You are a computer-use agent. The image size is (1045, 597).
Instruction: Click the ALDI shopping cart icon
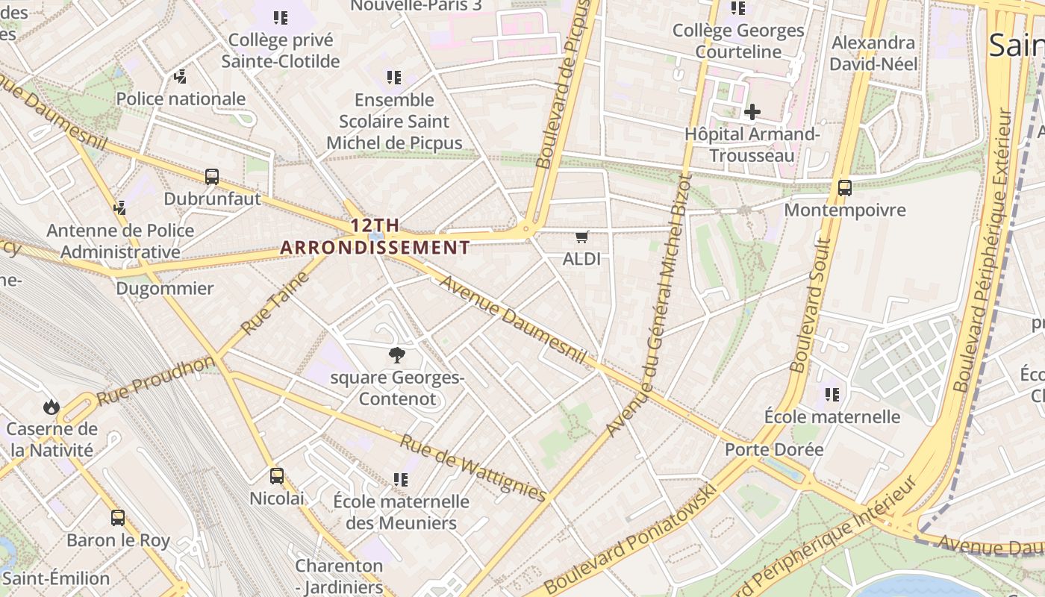[x=582, y=237]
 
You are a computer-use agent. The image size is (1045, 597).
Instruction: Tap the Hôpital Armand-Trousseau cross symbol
[x=752, y=113]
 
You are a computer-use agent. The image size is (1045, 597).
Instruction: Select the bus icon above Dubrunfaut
[x=212, y=177]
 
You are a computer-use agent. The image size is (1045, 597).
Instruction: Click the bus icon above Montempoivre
[x=845, y=188]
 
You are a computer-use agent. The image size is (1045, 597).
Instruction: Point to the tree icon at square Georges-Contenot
[x=397, y=355]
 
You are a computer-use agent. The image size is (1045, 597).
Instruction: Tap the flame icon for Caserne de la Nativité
[x=51, y=407]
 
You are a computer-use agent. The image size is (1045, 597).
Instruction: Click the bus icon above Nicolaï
[x=277, y=475]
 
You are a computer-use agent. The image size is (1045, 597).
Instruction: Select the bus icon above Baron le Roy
[x=118, y=517]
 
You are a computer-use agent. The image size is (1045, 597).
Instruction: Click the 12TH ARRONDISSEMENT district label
[x=375, y=237]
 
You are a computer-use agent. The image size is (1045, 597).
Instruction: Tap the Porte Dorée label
[x=774, y=449]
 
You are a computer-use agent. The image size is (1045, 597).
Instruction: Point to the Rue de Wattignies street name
[x=473, y=466]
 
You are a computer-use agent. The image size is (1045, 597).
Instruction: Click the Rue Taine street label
[x=275, y=303]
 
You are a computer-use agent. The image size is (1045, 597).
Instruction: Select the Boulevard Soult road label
[x=811, y=306]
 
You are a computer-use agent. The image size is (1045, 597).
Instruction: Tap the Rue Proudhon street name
[x=155, y=381]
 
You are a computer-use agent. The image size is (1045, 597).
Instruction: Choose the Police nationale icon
[x=180, y=76]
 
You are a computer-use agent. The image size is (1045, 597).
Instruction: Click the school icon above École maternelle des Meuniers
[x=401, y=479]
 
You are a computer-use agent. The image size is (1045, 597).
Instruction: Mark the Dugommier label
[x=165, y=288]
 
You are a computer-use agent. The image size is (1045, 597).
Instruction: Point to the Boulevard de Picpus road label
[x=564, y=84]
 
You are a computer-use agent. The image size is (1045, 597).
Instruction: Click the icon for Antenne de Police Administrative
[x=119, y=207]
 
